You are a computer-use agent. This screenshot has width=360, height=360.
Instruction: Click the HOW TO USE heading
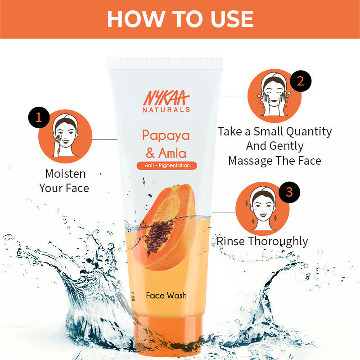click(180, 19)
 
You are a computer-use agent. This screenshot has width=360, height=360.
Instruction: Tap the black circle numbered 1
click(39, 117)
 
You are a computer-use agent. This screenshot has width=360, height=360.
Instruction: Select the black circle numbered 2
click(301, 81)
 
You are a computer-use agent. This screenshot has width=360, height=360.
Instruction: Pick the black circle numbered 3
click(289, 192)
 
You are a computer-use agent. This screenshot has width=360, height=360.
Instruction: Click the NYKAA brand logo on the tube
click(166, 98)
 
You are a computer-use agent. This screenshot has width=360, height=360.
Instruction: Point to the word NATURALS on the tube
click(166, 109)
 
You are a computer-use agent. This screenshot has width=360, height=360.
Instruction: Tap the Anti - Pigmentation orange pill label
click(166, 165)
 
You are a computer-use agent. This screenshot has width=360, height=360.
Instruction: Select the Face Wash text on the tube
click(166, 296)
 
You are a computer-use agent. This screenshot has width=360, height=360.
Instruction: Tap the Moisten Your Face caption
click(64, 180)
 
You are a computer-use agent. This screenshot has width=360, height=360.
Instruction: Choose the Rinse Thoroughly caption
click(262, 241)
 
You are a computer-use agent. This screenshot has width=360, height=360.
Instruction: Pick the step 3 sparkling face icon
click(262, 208)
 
